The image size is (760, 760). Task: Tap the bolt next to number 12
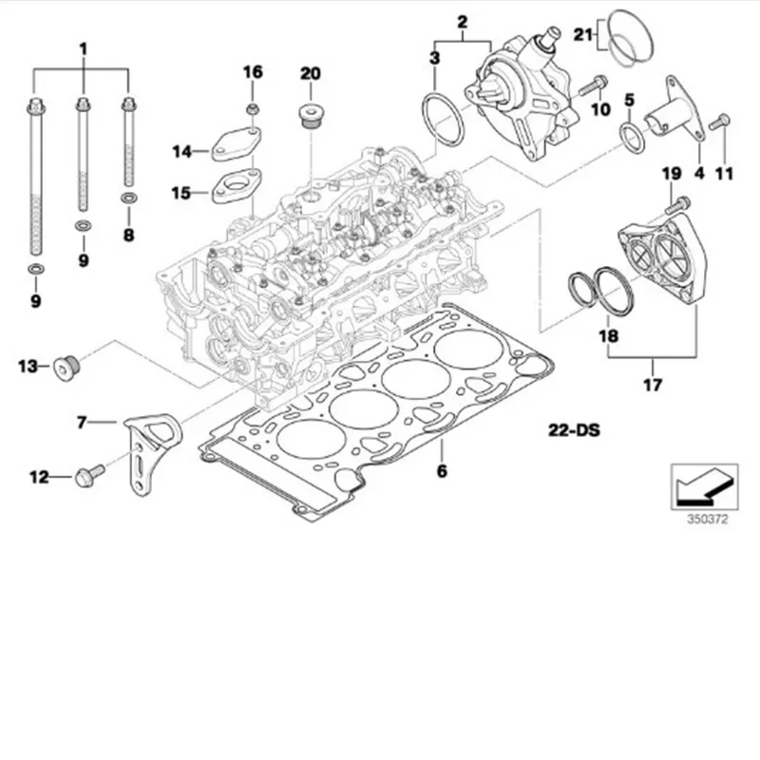tap(83, 477)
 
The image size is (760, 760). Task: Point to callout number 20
tap(312, 73)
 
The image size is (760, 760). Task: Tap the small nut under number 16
tap(253, 110)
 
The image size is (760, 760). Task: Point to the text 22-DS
tap(573, 430)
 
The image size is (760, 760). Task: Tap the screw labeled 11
tap(721, 122)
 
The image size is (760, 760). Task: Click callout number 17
tap(653, 386)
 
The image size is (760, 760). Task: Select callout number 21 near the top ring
tap(581, 35)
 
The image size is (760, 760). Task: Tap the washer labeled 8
tap(127, 199)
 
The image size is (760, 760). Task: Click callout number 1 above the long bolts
tap(82, 47)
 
